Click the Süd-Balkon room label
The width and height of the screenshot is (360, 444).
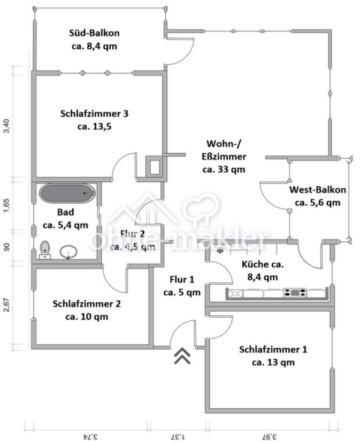(94, 39)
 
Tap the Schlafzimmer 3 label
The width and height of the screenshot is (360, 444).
(94, 120)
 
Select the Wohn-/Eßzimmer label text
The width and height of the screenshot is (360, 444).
(225, 157)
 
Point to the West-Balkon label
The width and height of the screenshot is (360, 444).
(317, 196)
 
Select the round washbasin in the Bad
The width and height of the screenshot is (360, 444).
(68, 251)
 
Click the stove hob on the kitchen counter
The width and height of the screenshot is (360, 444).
(295, 293)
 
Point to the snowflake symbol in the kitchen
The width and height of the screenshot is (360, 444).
(219, 251)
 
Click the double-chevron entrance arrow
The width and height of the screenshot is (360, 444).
(183, 355)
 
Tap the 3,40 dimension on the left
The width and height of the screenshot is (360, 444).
(6, 127)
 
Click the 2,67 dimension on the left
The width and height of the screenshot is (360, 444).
(6, 307)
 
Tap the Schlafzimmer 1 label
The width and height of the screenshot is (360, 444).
(273, 356)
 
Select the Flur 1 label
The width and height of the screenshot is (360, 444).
(182, 286)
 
